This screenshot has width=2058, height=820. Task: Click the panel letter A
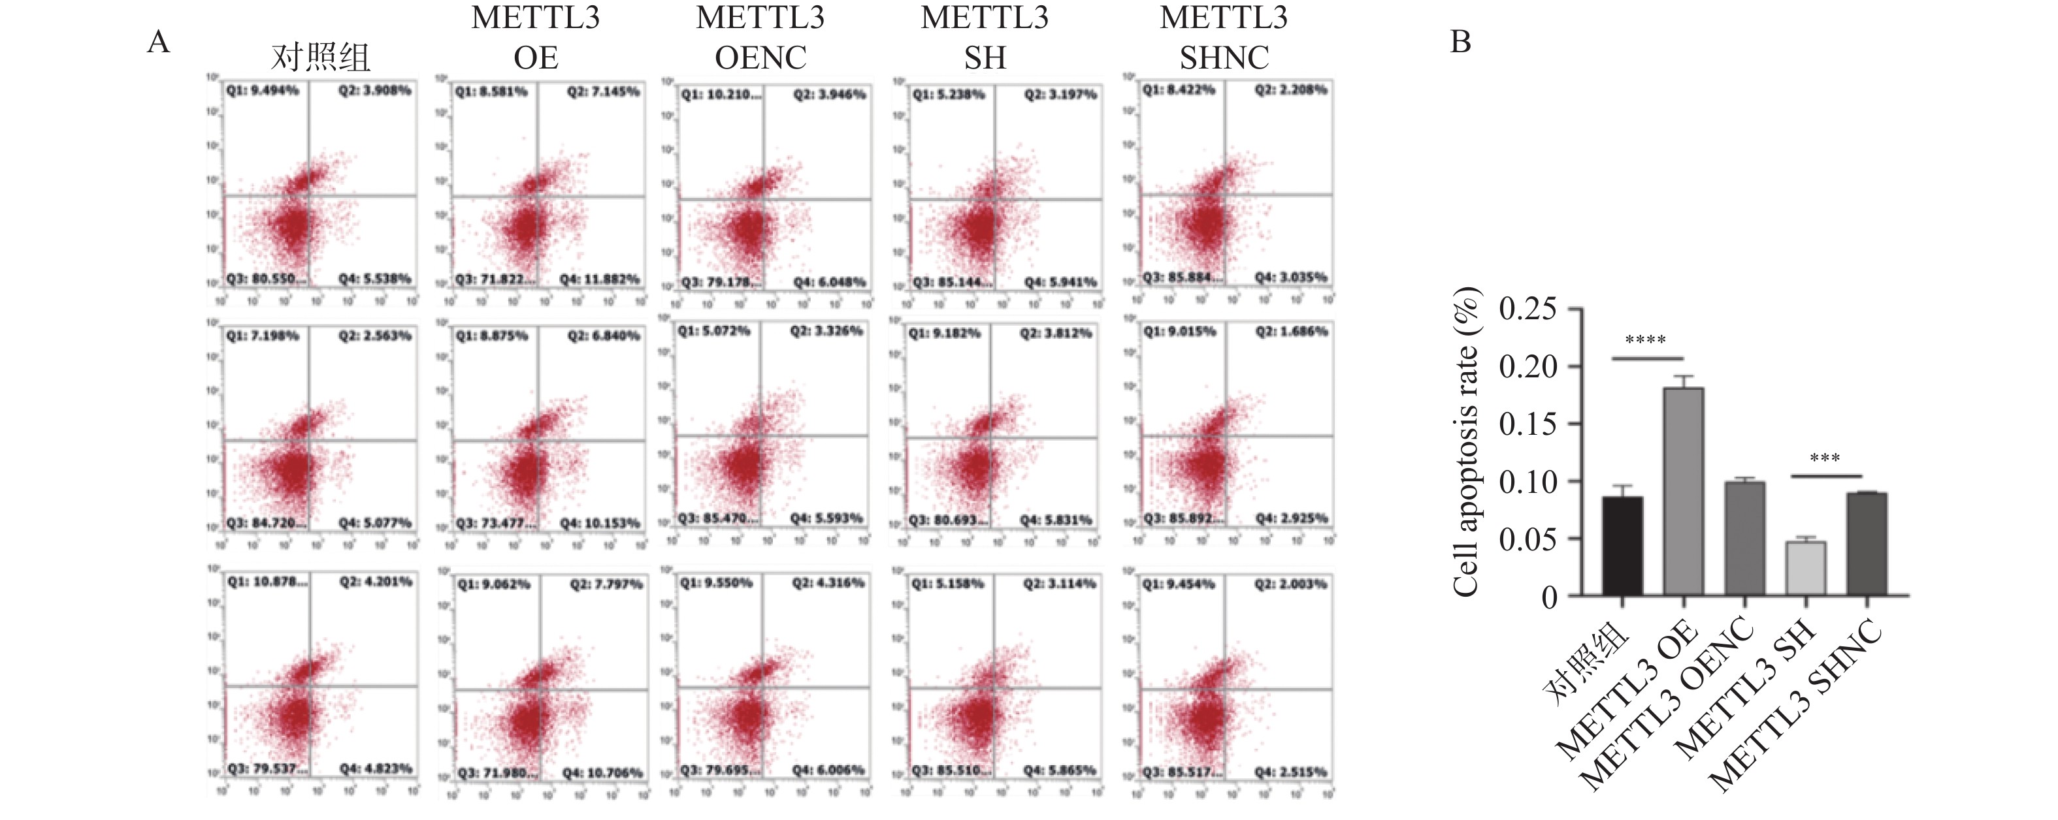pyautogui.click(x=159, y=42)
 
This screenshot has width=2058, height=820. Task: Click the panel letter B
pyautogui.click(x=1460, y=42)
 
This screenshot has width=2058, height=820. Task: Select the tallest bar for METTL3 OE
pyautogui.click(x=1683, y=491)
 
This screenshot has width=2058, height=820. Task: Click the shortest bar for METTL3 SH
pyautogui.click(x=1806, y=569)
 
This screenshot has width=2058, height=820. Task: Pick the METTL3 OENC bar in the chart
pyautogui.click(x=1745, y=539)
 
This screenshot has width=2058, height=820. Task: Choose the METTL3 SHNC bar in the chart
pyautogui.click(x=1867, y=544)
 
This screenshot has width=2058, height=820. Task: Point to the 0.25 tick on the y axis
pyautogui.click(x=1527, y=309)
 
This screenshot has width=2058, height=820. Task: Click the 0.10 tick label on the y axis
pyautogui.click(x=1527, y=481)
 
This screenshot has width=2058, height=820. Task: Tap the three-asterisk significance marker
pyautogui.click(x=1825, y=459)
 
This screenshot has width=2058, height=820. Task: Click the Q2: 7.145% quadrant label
pyautogui.click(x=603, y=92)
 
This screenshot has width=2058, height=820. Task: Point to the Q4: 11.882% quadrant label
pyautogui.click(x=600, y=279)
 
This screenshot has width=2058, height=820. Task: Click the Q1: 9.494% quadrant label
pyautogui.click(x=262, y=90)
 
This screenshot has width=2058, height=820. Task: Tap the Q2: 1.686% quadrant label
pyautogui.click(x=1291, y=330)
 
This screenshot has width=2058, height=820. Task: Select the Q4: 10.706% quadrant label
pyautogui.click(x=602, y=773)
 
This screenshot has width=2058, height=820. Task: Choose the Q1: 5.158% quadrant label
pyautogui.click(x=948, y=584)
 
